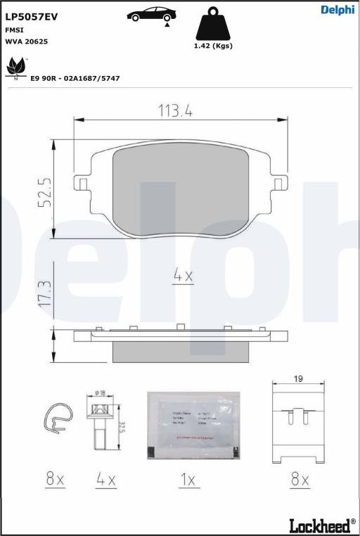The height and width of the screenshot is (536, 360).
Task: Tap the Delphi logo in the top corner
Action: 337,9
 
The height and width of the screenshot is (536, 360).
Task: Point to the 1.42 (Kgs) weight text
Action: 212,46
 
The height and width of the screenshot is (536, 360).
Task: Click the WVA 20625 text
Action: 27,42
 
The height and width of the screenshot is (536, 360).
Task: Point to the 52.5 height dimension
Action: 44,191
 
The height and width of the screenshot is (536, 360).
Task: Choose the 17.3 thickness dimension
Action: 44,293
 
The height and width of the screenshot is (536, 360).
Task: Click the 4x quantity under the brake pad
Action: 183,276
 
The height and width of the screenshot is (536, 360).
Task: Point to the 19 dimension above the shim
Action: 298,378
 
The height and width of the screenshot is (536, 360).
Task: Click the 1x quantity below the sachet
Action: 187,480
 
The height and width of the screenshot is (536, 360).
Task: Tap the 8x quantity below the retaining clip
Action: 55,480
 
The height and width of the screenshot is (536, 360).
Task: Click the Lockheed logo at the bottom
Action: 322,525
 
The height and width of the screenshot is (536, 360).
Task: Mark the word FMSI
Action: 13,30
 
